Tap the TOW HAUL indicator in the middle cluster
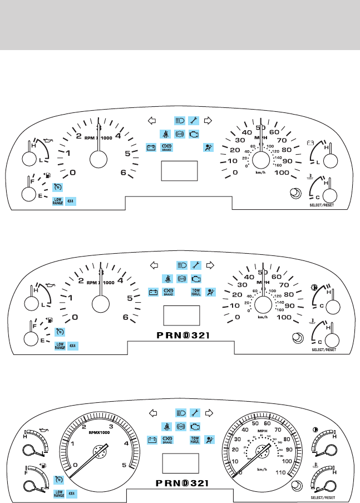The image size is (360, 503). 195,292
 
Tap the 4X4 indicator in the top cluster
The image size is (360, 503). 71,200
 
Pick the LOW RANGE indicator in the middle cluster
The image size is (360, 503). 59,345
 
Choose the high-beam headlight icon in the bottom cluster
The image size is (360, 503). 180,413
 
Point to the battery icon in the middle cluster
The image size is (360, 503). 152,292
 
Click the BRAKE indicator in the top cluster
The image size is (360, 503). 166,147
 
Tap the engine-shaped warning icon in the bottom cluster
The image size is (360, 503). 194,427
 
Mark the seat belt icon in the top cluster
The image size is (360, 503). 166,134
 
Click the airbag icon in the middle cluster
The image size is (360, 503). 210,292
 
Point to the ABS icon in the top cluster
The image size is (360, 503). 180,134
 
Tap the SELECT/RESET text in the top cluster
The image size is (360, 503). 323,205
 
